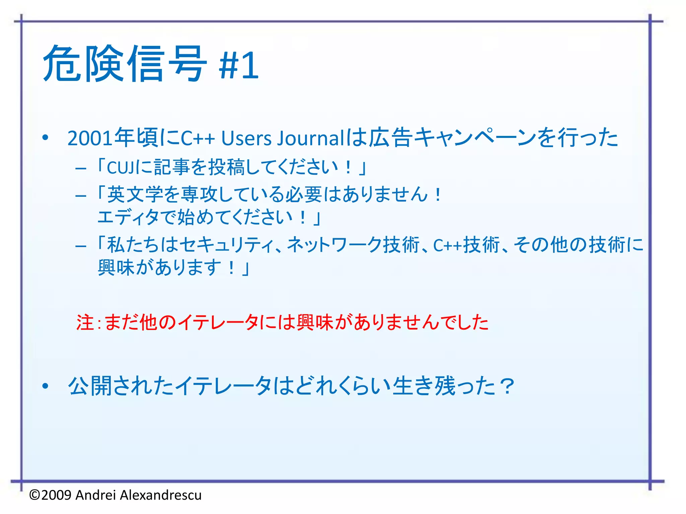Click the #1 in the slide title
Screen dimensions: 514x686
pos(238,65)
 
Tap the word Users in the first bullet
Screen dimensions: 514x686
pos(246,138)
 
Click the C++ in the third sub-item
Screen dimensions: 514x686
pos(448,245)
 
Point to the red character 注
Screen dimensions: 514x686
pos(85,323)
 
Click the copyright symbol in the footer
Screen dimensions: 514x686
pos(35,495)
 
